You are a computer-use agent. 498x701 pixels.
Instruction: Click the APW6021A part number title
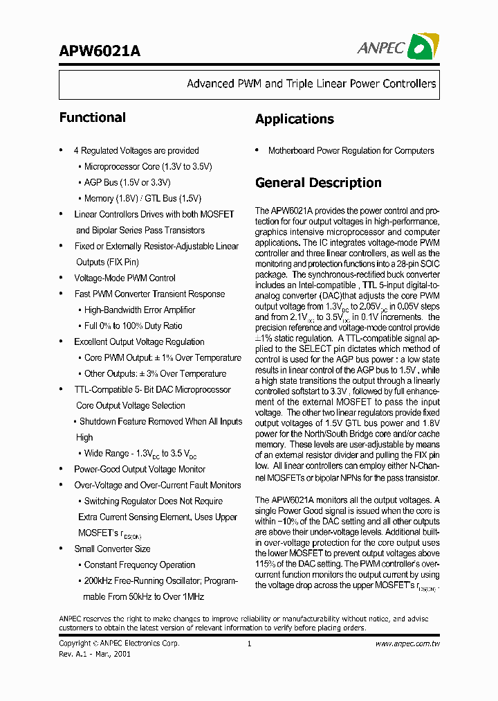(x=100, y=51)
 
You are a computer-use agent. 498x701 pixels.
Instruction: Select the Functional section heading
(x=92, y=118)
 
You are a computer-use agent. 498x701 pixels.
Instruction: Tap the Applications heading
(x=294, y=119)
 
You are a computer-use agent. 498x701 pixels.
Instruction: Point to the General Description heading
(x=318, y=183)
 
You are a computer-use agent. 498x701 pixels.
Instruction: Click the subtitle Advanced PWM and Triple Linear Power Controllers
(x=311, y=84)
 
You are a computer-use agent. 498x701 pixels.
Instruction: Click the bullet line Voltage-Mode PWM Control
(x=124, y=278)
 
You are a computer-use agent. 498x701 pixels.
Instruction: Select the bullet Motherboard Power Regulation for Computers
(x=351, y=150)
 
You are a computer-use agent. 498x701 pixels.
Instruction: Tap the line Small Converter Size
(x=112, y=549)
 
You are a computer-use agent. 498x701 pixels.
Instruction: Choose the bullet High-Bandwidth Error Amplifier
(x=140, y=310)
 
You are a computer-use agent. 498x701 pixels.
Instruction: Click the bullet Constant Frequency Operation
(x=140, y=565)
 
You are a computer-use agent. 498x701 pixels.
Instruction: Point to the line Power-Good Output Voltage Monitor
(x=140, y=469)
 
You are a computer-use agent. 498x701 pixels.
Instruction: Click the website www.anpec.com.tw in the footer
(x=407, y=644)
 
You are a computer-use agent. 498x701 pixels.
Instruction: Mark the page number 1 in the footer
(x=248, y=644)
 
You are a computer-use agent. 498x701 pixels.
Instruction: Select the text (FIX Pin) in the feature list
(x=107, y=262)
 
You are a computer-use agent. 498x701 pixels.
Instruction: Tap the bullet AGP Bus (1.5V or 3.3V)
(x=127, y=182)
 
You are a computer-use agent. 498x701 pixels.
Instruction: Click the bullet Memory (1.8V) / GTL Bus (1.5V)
(x=142, y=198)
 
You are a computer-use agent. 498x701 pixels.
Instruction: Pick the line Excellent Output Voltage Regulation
(x=139, y=341)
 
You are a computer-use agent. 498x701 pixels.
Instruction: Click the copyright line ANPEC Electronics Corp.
(x=120, y=644)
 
